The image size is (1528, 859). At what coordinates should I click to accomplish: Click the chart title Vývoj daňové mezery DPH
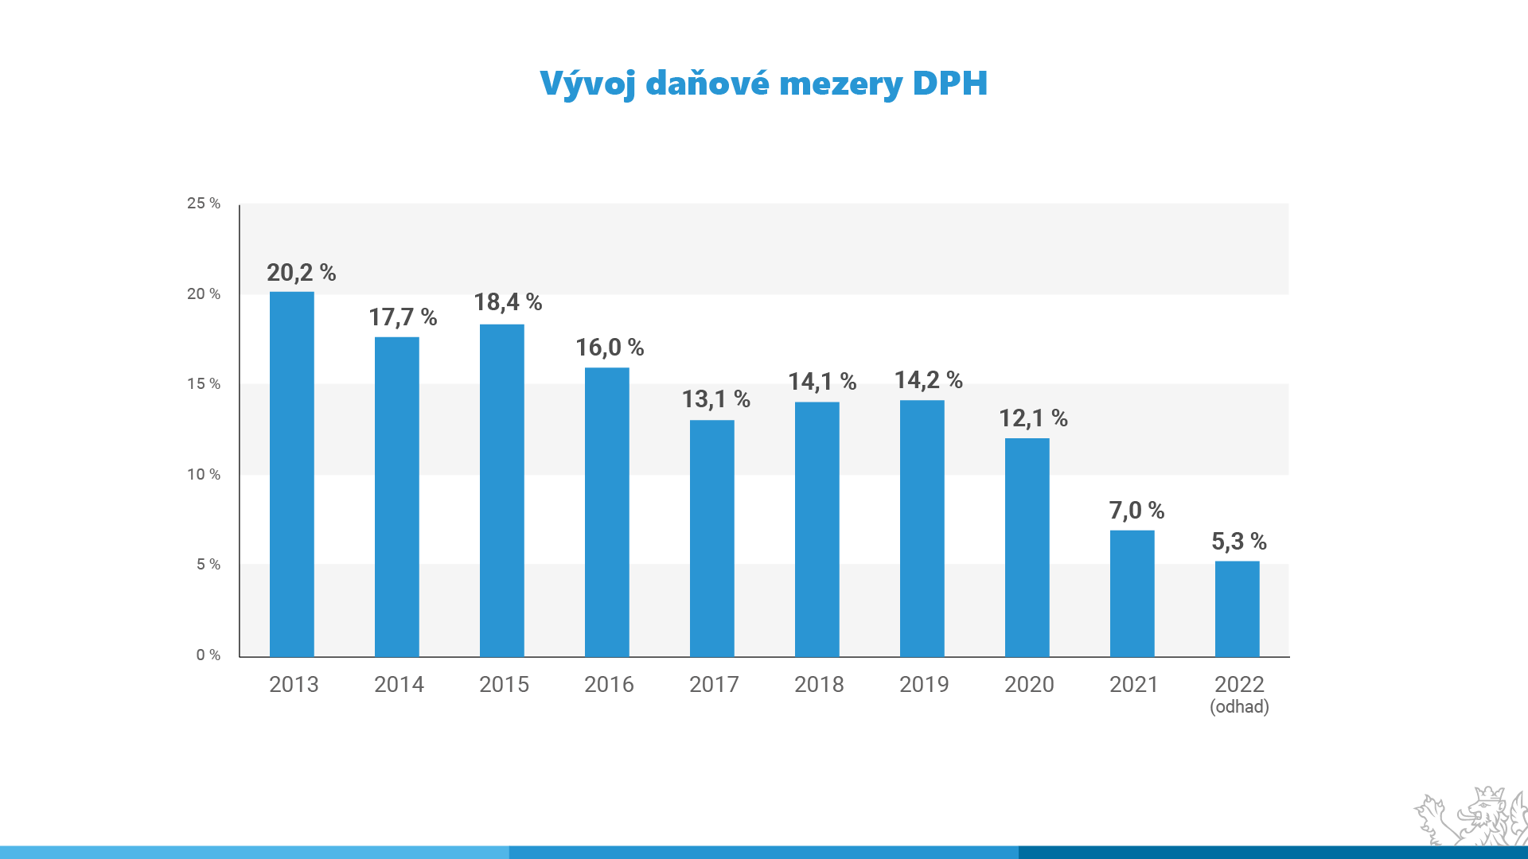pyautogui.click(x=763, y=84)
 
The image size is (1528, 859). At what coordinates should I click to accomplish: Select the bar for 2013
pyautogui.click(x=292, y=474)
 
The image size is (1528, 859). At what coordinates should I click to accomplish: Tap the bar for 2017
pyautogui.click(x=711, y=538)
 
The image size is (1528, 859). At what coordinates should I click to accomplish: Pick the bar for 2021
pyautogui.click(x=1132, y=593)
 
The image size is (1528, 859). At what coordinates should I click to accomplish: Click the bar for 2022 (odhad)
pyautogui.click(x=1237, y=608)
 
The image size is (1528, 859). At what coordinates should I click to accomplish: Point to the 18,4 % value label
pyautogui.click(x=508, y=302)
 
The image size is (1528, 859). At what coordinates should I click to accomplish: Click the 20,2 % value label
pyautogui.click(x=301, y=273)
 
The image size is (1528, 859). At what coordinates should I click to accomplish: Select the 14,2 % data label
pyautogui.click(x=928, y=380)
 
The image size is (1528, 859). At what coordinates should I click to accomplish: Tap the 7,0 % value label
pyautogui.click(x=1136, y=511)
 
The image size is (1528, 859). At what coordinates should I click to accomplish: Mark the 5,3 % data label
pyautogui.click(x=1238, y=542)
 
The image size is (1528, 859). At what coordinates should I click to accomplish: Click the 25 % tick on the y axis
pyautogui.click(x=204, y=204)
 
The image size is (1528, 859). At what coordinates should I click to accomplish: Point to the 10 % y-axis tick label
pyautogui.click(x=204, y=475)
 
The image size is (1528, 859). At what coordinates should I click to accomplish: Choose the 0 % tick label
pyautogui.click(x=208, y=655)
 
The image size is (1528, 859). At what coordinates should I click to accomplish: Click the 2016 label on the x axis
pyautogui.click(x=609, y=685)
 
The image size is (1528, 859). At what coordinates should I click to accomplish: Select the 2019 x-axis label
pyautogui.click(x=924, y=685)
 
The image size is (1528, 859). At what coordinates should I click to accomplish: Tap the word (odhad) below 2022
pyautogui.click(x=1239, y=707)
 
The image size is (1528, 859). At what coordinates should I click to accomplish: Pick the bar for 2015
pyautogui.click(x=501, y=490)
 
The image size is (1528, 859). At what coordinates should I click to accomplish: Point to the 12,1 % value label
pyautogui.click(x=1033, y=418)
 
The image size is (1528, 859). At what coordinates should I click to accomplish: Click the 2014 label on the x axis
pyautogui.click(x=399, y=685)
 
